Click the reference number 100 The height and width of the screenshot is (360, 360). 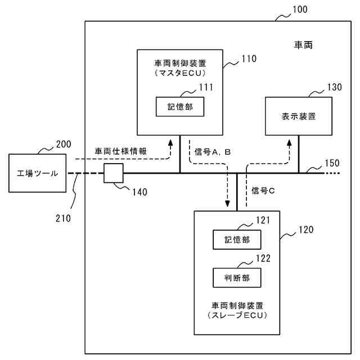click(300, 10)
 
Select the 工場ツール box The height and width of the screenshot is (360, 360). click(38, 173)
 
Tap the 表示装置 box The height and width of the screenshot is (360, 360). click(299, 116)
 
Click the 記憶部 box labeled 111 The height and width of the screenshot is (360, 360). click(180, 107)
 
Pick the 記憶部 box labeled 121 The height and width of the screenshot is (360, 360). click(237, 240)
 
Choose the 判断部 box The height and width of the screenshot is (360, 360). click(237, 278)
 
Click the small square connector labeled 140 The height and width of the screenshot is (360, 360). click(114, 173)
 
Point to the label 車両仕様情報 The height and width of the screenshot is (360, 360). click(121, 151)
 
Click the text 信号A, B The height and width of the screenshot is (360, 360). click(213, 152)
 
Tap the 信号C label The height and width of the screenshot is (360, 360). click(263, 191)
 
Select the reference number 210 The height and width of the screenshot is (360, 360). click(63, 218)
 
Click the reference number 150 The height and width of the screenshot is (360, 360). click(332, 163)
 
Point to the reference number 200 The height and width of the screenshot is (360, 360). click(64, 145)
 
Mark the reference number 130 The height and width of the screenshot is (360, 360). click(335, 87)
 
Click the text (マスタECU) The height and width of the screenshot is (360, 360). click(180, 73)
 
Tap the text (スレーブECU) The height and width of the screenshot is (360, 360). click(237, 315)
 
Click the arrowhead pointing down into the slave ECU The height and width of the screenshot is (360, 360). click(227, 204)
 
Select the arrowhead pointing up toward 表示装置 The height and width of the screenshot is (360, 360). click(289, 143)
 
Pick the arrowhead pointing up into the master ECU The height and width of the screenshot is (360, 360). click(170, 143)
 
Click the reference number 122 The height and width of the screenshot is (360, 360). click(263, 259)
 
